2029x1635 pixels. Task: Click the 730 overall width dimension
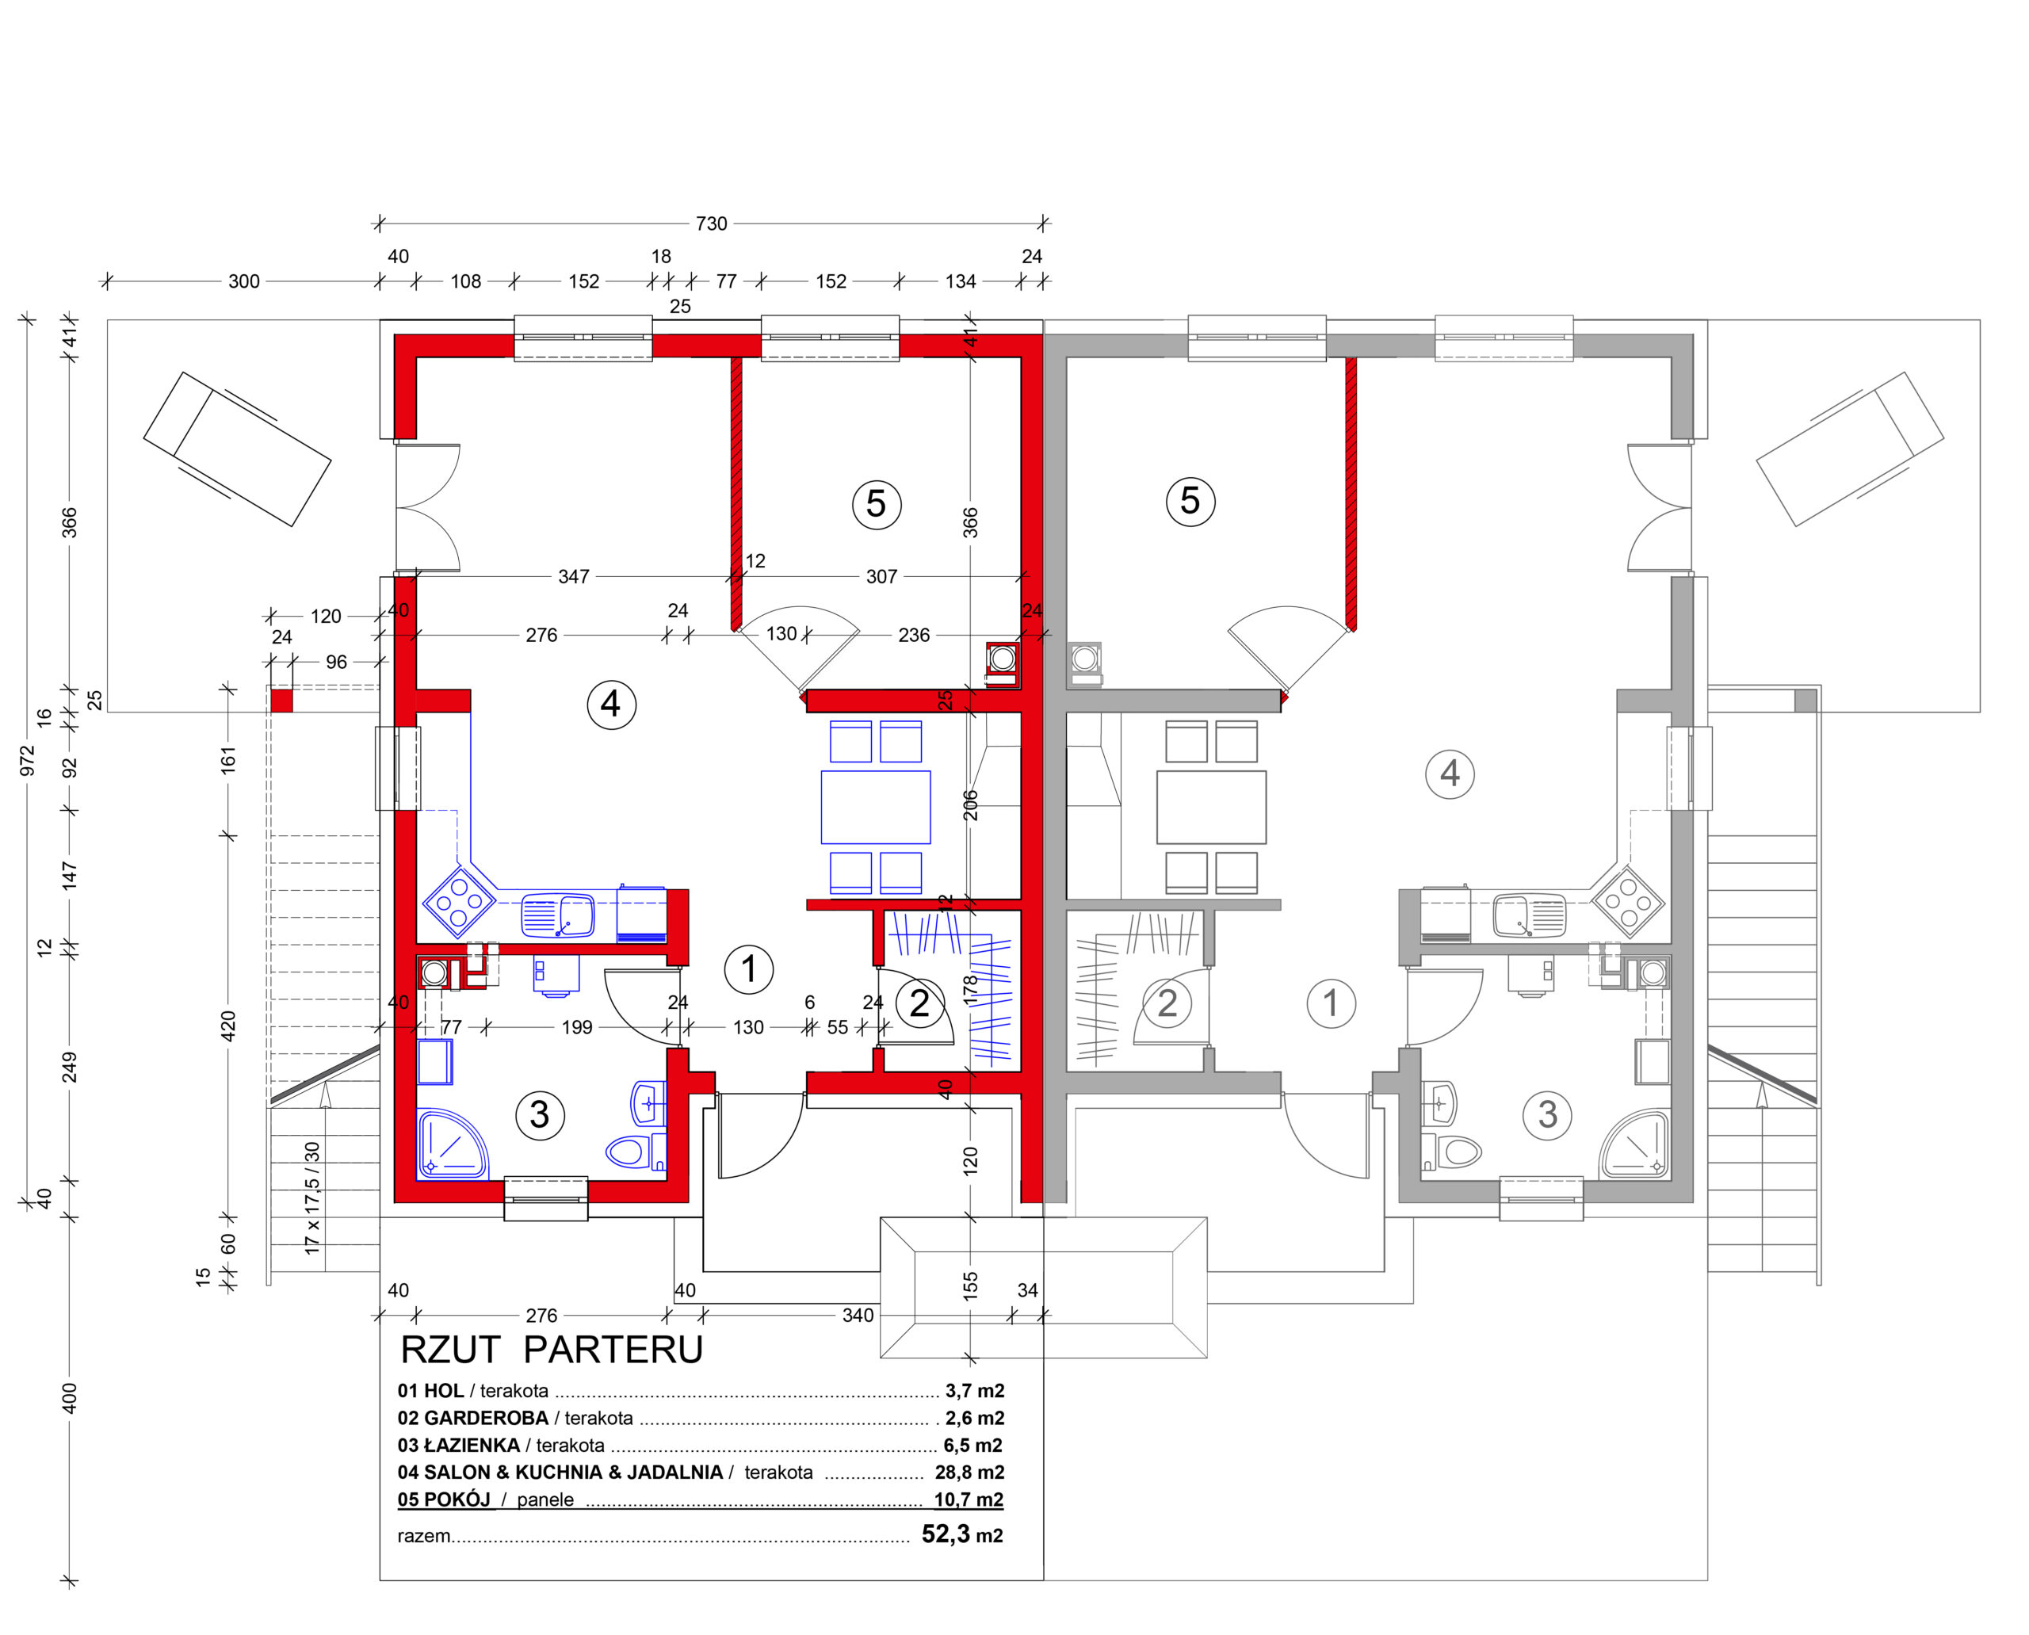click(x=711, y=224)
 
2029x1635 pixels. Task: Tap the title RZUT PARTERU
click(x=552, y=1350)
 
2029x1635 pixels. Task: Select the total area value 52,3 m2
click(x=961, y=1534)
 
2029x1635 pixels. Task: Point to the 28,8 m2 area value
click(x=969, y=1472)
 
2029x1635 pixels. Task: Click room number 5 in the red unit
click(x=876, y=504)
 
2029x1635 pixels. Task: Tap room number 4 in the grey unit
click(x=1450, y=774)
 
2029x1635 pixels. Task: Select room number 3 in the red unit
click(x=540, y=1115)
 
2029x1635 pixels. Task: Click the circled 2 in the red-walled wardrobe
click(x=919, y=1003)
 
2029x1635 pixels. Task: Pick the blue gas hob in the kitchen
click(x=459, y=902)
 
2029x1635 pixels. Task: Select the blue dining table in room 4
click(x=875, y=807)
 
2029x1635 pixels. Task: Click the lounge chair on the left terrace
click(x=237, y=449)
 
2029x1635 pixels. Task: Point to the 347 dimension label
click(x=574, y=576)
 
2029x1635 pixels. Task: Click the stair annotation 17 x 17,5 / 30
click(x=311, y=1198)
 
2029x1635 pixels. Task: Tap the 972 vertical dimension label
click(x=27, y=761)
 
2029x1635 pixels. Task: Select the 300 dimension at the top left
click(x=244, y=281)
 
